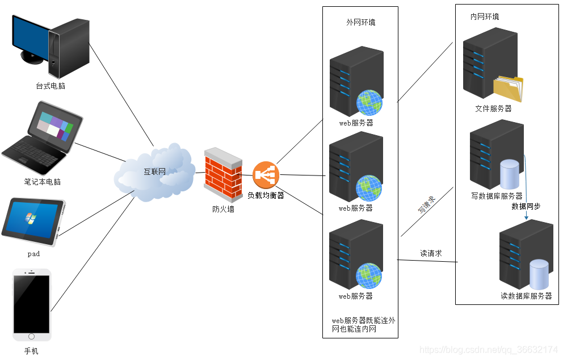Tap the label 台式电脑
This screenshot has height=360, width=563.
click(x=51, y=86)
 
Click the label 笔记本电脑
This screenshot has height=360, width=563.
click(x=43, y=182)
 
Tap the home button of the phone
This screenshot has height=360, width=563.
click(x=31, y=336)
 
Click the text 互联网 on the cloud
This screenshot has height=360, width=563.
click(x=154, y=171)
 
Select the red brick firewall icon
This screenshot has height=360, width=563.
click(x=223, y=175)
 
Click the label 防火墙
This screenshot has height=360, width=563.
click(x=223, y=209)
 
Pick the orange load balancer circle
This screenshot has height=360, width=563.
click(x=266, y=175)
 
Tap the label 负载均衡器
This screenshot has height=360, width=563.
click(x=266, y=195)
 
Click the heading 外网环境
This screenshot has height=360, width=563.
click(x=360, y=23)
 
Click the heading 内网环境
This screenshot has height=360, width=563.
click(x=485, y=17)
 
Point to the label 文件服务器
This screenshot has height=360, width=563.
click(x=493, y=108)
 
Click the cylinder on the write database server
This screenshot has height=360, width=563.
click(x=509, y=174)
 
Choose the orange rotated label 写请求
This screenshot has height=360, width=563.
click(x=426, y=205)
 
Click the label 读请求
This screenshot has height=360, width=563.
click(x=431, y=254)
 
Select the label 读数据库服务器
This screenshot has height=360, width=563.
click(x=526, y=296)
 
